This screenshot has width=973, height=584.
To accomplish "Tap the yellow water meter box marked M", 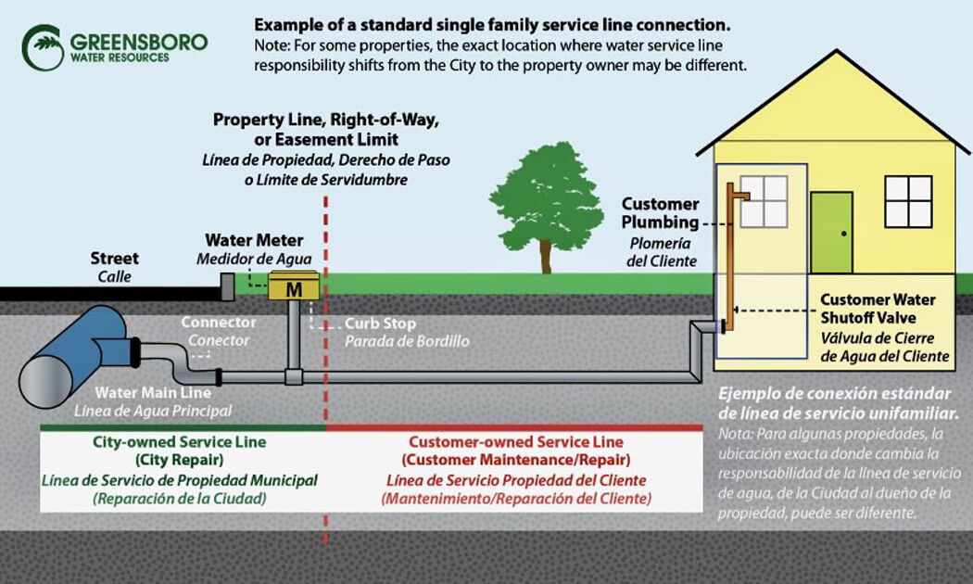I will coord(294,288).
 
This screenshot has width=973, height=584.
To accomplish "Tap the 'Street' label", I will coord(114,258).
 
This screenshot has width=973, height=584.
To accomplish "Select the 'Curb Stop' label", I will coord(380,324).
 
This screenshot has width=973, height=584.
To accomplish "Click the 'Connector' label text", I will coord(219,323).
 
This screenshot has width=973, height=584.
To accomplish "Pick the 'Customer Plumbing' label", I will coord(660,213).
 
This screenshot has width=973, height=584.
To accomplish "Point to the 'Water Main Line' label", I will coord(146,392).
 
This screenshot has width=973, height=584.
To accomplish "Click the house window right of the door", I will coord(907,201).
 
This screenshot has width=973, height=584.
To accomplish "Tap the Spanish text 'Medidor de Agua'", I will coord(254,259).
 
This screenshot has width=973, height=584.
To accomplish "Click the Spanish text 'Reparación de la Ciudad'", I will coord(180,499).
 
